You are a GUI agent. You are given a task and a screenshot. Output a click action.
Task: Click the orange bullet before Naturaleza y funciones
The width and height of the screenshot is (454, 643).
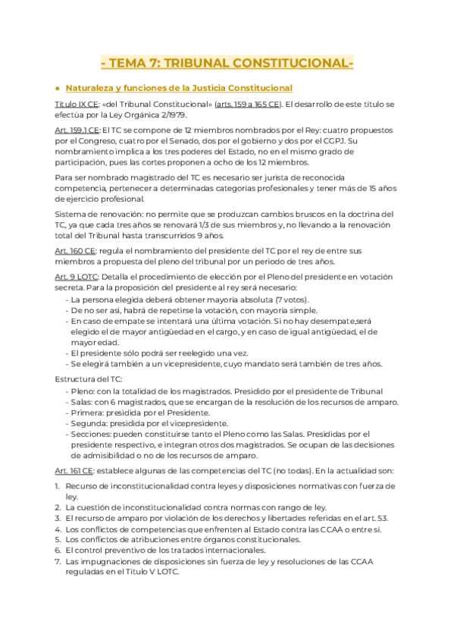click(59, 88)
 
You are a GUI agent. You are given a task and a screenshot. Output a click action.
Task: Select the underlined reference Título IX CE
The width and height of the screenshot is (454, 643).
click(77, 103)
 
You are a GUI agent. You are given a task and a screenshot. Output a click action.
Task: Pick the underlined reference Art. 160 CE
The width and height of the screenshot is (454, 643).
click(76, 250)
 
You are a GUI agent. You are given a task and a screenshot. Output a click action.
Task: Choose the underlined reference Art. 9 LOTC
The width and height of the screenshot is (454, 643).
click(77, 277)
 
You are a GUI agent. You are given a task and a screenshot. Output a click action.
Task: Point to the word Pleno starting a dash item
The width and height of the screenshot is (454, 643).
click(84, 391)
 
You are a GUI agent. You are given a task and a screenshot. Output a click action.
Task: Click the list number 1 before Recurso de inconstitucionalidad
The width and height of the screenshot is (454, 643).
click(58, 485)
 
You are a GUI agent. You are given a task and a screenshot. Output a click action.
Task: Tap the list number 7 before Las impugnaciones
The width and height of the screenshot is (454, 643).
click(58, 562)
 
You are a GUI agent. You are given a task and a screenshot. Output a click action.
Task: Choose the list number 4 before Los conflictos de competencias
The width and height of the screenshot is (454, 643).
click(58, 529)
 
